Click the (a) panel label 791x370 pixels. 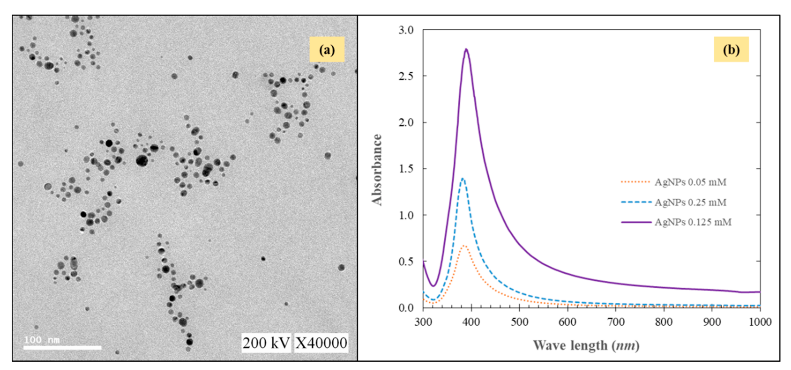tap(327, 50)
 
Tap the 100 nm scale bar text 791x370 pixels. tap(42, 339)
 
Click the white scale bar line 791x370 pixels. tap(62, 348)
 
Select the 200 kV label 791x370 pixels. tap(266, 343)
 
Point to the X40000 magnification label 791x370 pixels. tap(321, 343)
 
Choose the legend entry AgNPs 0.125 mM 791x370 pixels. tap(693, 222)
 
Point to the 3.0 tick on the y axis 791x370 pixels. tap(406, 30)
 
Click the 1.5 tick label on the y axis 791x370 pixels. tap(406, 169)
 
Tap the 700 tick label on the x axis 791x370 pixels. tap(616, 322)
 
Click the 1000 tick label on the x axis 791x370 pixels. tap(760, 322)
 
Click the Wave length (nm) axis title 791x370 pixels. tap(586, 345)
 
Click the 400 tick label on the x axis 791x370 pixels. tap(471, 322)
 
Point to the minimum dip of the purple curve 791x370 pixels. tap(433, 286)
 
